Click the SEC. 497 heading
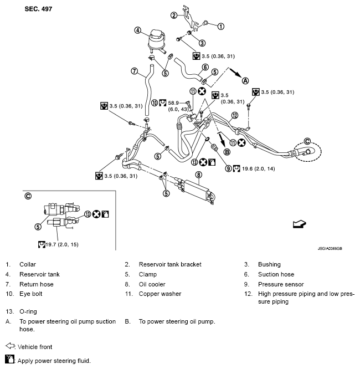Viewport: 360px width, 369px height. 38,10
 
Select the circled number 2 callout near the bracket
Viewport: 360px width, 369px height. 173,15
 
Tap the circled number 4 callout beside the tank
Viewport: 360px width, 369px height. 137,30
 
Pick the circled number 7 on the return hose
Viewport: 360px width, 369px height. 134,70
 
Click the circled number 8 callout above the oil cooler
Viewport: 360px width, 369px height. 198,175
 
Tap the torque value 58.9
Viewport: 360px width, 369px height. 176,103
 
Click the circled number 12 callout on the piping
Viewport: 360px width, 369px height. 234,115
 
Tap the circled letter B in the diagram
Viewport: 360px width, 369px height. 227,152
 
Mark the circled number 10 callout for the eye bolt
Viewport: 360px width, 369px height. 155,102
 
